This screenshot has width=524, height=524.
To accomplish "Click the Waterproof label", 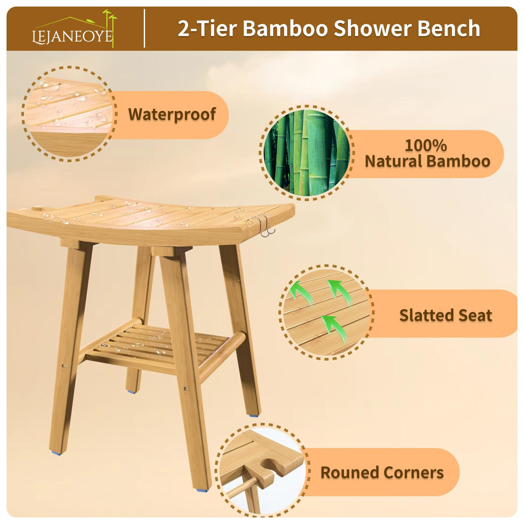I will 172,114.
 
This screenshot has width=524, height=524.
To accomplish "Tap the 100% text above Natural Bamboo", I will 426,145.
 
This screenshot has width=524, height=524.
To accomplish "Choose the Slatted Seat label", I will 445,315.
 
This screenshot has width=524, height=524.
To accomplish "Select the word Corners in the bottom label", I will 413,473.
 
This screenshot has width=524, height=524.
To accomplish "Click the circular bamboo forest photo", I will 306,152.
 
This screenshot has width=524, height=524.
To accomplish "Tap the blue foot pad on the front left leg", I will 57,453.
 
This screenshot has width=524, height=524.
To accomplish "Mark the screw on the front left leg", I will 64,366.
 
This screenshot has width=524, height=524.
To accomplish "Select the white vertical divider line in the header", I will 144,28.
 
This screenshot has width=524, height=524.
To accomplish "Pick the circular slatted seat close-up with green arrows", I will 326,312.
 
